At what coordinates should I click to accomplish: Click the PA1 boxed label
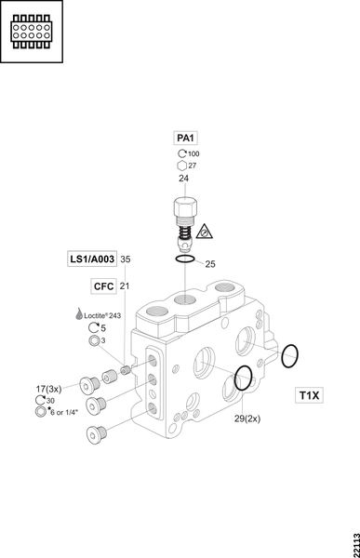(x=185, y=138)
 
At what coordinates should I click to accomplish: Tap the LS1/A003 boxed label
(x=92, y=259)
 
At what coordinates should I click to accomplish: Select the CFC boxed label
(x=103, y=286)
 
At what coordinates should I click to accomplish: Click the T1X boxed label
(x=309, y=395)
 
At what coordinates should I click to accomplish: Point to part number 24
(x=183, y=179)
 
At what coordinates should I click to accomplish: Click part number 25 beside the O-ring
(x=210, y=264)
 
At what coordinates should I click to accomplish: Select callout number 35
(x=126, y=259)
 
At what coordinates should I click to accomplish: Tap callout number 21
(x=125, y=286)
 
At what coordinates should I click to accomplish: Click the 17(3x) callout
(x=48, y=389)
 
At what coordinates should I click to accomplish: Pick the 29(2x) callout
(x=247, y=418)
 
